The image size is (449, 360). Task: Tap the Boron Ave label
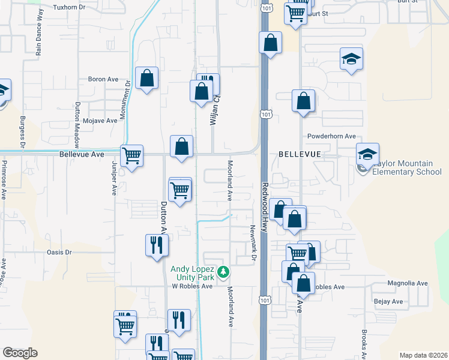click(x=103, y=79)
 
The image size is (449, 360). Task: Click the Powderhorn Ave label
click(x=331, y=136)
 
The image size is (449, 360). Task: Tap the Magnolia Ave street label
click(x=408, y=283)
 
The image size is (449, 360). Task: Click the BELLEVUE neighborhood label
click(x=300, y=154)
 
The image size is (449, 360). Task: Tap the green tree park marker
click(x=223, y=273)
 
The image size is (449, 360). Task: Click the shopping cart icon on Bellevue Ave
click(x=131, y=156)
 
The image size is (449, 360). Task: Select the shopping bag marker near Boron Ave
click(x=146, y=78)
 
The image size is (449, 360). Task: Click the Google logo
click(x=20, y=352)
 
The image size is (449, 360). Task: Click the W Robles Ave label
click(x=193, y=286)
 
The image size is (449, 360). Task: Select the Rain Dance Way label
click(x=40, y=40)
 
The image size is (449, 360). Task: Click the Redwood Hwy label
click(x=265, y=198)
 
